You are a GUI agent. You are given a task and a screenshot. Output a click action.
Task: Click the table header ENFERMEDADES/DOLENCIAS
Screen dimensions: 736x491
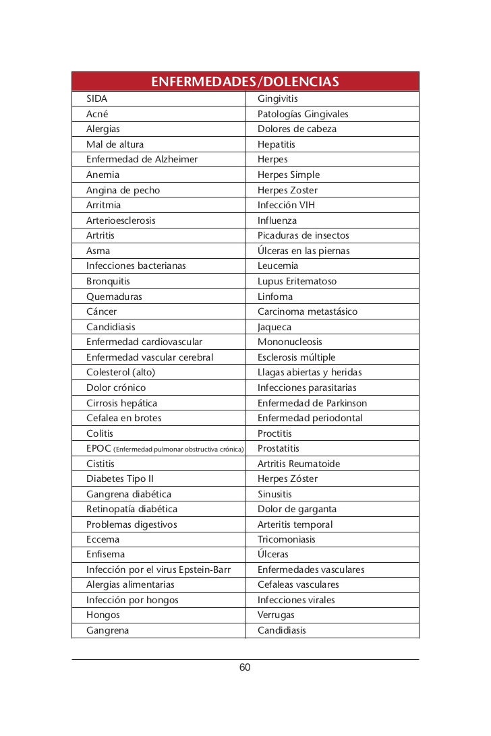tap(245, 83)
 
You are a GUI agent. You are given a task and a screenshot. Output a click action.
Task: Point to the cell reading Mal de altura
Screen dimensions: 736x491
tap(115, 144)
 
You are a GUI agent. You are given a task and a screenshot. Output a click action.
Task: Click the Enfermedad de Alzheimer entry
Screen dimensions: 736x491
tap(142, 160)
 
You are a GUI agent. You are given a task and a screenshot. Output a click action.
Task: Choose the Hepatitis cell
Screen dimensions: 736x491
tap(277, 144)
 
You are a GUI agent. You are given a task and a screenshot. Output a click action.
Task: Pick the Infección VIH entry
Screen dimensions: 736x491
tap(286, 205)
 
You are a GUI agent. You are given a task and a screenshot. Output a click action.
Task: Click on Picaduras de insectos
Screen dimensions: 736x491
tap(304, 235)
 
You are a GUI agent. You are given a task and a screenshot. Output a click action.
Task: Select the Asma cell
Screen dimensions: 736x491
tap(98, 251)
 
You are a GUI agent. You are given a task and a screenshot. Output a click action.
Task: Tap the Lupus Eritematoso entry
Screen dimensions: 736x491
tap(297, 281)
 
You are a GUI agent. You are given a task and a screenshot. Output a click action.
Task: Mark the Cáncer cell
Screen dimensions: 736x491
tap(102, 311)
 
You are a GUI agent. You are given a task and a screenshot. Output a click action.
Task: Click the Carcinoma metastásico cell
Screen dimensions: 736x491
tap(308, 311)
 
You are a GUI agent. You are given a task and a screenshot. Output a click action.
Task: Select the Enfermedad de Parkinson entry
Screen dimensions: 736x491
tap(312, 403)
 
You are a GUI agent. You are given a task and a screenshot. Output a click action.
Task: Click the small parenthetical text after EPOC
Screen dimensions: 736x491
tap(179, 449)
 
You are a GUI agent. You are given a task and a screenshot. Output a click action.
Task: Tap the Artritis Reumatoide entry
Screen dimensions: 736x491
tap(299, 464)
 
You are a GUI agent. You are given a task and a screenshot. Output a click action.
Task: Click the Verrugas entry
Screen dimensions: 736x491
tap(276, 615)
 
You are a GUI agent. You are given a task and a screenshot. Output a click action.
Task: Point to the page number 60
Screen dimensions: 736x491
tap(245, 667)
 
